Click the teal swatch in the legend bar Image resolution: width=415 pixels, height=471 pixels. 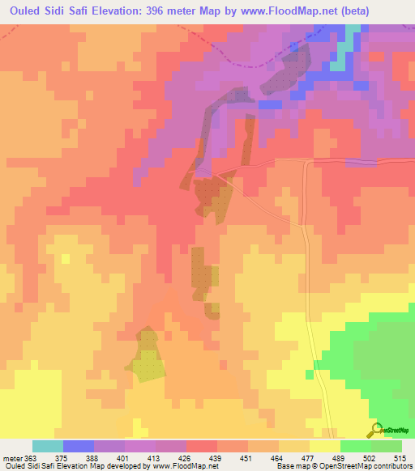click(48, 446)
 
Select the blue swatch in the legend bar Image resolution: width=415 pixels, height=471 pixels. click(79, 446)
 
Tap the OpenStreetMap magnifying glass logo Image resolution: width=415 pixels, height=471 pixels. click(375, 429)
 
